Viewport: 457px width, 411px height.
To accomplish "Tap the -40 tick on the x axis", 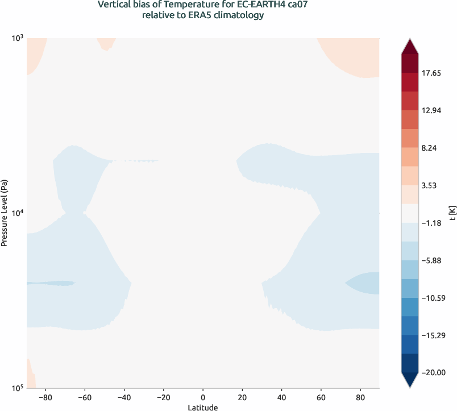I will [124, 396].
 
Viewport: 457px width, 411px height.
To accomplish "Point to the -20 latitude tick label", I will [163, 396].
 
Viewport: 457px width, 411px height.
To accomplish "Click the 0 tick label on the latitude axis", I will [203, 396].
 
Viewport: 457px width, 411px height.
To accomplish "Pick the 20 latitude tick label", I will [242, 396].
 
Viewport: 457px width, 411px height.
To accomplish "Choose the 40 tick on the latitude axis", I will [281, 396].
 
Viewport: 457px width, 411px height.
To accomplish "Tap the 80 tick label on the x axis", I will [360, 396].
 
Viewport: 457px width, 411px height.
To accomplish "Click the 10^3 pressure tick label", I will [17, 38].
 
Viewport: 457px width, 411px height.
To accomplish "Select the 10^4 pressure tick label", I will [17, 213].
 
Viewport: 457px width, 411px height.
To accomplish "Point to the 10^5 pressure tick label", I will [17, 388].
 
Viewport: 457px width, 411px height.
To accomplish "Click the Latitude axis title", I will [203, 407].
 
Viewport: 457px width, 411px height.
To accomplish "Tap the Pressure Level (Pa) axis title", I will [5, 213].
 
